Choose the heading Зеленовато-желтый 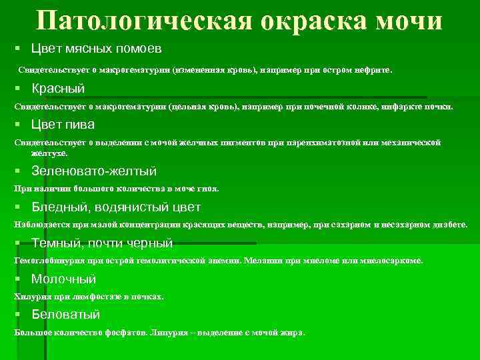(x=93, y=171)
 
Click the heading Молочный (x=63, y=279)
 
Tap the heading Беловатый (x=65, y=314)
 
